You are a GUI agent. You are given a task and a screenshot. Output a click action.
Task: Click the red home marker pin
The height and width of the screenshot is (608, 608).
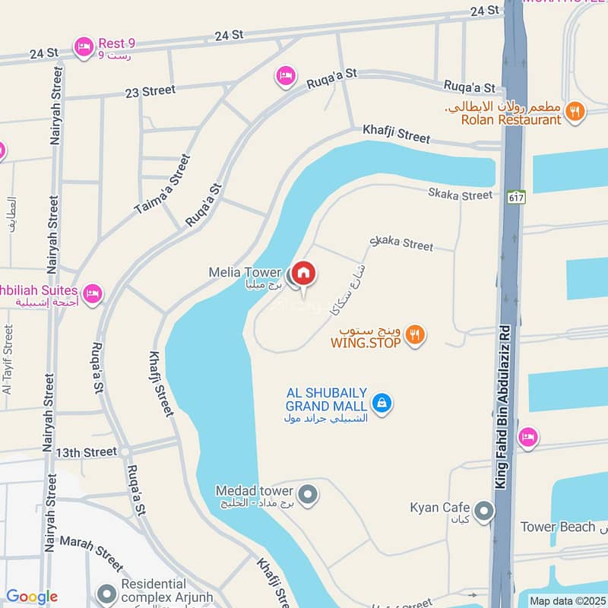(304, 274)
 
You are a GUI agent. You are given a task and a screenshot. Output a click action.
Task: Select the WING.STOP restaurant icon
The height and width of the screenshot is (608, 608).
(415, 334)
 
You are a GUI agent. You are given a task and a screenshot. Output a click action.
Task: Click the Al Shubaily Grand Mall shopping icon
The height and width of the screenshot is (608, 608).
(382, 403)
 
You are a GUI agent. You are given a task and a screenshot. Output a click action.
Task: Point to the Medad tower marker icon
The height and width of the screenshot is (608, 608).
(308, 496)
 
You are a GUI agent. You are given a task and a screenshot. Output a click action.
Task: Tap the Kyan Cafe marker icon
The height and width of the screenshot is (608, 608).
(483, 511)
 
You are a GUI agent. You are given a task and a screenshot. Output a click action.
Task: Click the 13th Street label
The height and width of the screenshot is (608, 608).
(86, 452)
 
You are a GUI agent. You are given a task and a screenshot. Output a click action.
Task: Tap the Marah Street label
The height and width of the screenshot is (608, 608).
(91, 553)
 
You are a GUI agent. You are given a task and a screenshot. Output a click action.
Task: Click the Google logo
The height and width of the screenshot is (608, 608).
(32, 597)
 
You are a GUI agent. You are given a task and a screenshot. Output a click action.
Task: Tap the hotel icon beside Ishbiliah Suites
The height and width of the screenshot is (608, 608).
(92, 293)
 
